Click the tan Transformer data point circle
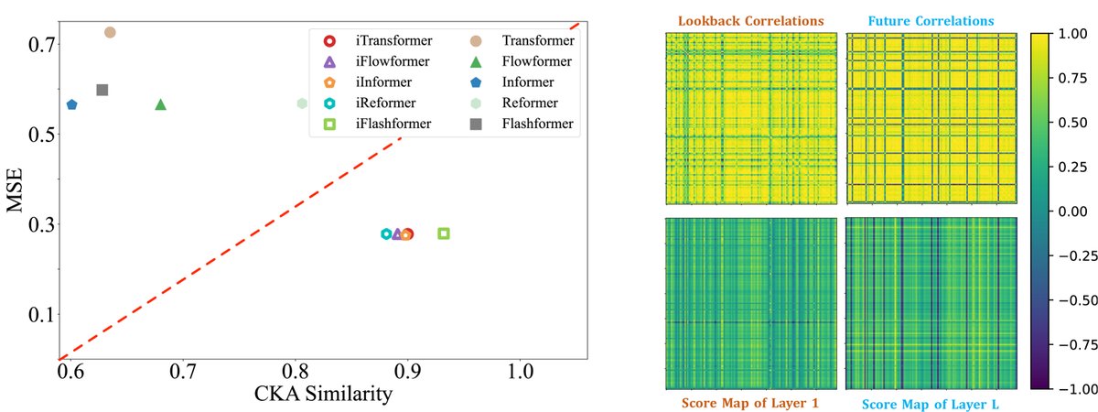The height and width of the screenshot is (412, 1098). [x=110, y=32]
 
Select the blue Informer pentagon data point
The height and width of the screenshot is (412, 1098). [x=71, y=105]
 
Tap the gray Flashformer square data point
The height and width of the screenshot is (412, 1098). [x=102, y=90]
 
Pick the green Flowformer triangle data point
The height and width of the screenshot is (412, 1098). [x=161, y=104]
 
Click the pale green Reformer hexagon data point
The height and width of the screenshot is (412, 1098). [x=302, y=103]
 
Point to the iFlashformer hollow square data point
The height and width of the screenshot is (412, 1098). [x=444, y=233]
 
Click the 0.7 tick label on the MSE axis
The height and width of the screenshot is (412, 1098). [x=44, y=43]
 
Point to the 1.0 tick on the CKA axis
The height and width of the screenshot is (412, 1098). [x=521, y=375]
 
